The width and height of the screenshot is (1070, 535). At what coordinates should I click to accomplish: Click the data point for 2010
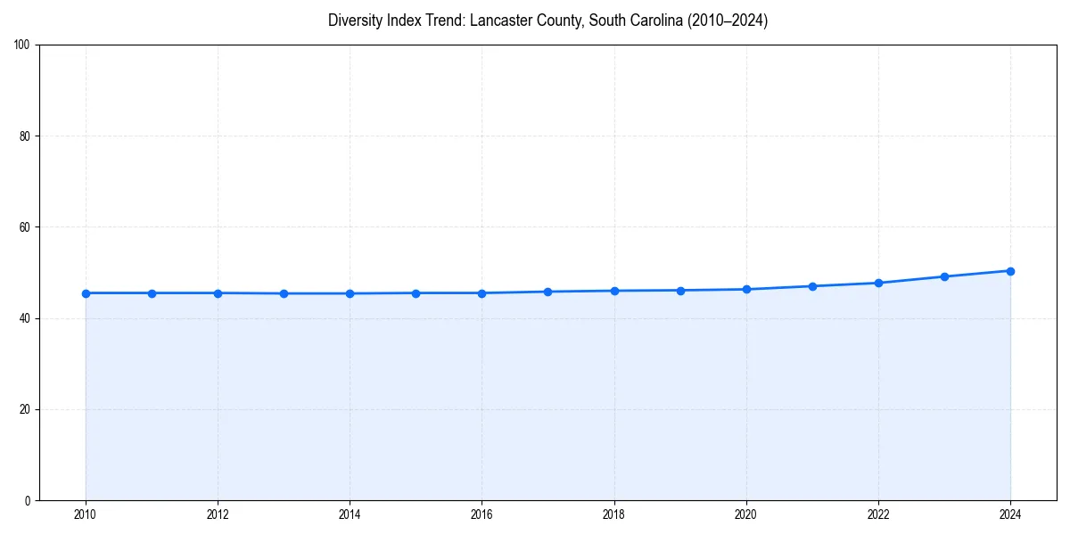tap(86, 293)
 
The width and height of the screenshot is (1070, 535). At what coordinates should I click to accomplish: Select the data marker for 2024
tap(1010, 271)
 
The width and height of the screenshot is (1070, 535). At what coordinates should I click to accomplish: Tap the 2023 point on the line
tap(944, 276)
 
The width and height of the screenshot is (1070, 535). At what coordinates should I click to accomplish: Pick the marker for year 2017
tap(547, 292)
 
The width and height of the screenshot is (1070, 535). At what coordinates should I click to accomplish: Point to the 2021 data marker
tap(812, 286)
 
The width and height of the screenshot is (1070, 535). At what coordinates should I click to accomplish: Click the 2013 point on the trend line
tap(284, 293)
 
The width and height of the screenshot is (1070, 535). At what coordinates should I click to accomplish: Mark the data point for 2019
tap(680, 291)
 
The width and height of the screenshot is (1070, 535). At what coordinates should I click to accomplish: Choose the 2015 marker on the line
tap(416, 293)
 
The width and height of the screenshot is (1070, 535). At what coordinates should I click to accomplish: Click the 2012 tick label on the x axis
tap(218, 514)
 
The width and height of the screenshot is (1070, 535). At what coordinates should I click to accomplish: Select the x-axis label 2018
tap(613, 514)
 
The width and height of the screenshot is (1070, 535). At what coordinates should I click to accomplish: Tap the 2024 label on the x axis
tap(1010, 514)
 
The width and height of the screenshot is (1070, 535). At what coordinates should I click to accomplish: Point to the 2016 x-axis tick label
tap(481, 514)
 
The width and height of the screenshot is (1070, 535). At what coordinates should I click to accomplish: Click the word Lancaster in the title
tap(501, 21)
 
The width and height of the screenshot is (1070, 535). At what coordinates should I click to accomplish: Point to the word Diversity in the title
tap(354, 21)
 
